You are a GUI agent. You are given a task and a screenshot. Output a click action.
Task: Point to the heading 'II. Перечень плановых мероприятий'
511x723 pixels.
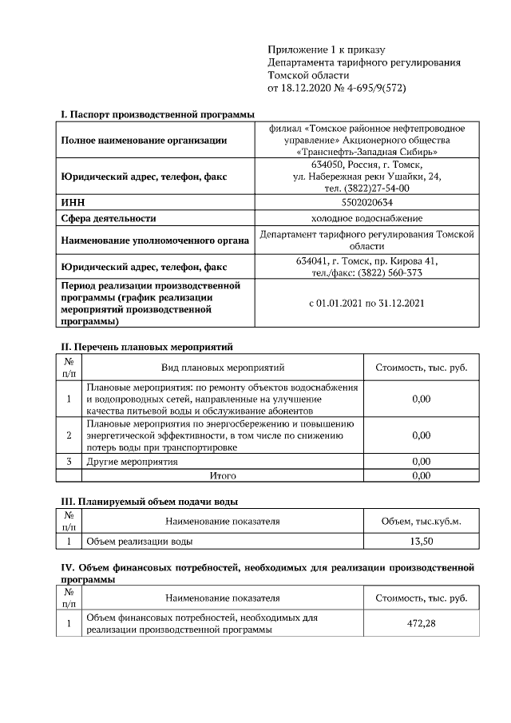point(147,347)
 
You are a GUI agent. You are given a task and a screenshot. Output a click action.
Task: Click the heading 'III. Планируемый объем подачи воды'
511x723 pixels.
point(149,502)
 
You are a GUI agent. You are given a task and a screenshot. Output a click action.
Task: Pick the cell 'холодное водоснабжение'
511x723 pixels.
point(366,218)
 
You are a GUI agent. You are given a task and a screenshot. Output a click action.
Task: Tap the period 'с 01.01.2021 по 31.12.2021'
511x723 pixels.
point(366,303)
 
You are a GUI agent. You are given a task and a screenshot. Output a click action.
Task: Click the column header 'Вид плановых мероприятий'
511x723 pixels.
point(223,367)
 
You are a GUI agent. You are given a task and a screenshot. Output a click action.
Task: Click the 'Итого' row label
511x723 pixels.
point(223,475)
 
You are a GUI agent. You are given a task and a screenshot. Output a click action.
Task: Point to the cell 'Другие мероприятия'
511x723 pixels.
point(132,462)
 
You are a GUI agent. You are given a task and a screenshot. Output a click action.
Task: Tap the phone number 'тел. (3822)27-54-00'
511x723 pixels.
point(366,188)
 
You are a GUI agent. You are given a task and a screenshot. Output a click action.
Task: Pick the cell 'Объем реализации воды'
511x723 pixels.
point(139,541)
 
